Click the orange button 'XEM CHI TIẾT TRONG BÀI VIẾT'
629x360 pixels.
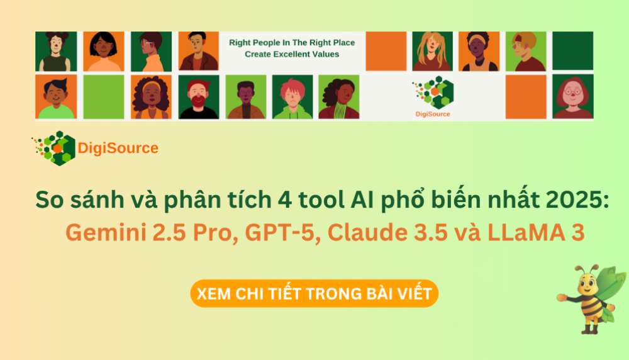(x=314, y=294)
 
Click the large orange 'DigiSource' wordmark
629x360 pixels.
(x=118, y=149)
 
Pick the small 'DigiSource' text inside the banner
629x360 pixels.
(x=433, y=114)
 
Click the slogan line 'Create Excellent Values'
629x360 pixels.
(x=292, y=54)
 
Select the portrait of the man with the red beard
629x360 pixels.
(x=199, y=97)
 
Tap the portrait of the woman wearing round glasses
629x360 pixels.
(x=572, y=97)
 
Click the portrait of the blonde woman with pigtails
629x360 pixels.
(x=432, y=51)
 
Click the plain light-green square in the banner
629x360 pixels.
(x=104, y=97)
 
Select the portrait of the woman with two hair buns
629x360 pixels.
(x=56, y=51)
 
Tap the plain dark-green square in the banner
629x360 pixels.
(x=572, y=51)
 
